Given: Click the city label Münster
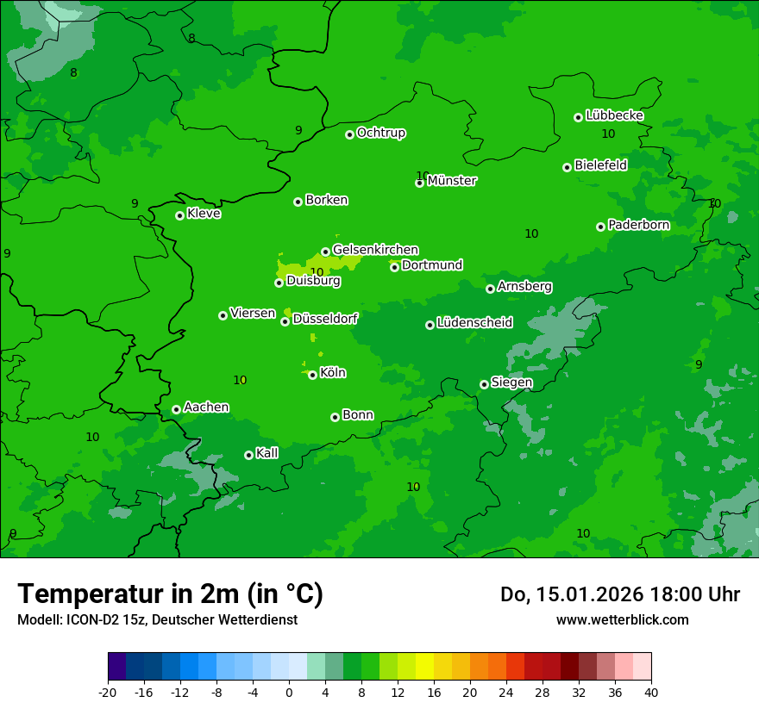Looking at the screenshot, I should pyautogui.click(x=452, y=181).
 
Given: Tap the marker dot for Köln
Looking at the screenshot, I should pyautogui.click(x=312, y=375).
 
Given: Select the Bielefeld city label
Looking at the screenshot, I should pyautogui.click(x=600, y=165).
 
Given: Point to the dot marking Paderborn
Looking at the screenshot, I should pyautogui.click(x=600, y=227).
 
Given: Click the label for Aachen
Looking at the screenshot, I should pyautogui.click(x=206, y=407).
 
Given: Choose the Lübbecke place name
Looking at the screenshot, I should pyautogui.click(x=614, y=115).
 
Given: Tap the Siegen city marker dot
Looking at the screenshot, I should pyautogui.click(x=484, y=384).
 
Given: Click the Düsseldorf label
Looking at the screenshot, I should pyautogui.click(x=325, y=319).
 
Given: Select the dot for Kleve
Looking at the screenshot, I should pyautogui.click(x=179, y=215).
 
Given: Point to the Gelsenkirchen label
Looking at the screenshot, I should pyautogui.click(x=375, y=250).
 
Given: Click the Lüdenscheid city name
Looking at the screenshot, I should pyautogui.click(x=474, y=323).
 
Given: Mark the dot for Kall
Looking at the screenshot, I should pyautogui.click(x=248, y=455).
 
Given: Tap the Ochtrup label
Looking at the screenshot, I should pyautogui.click(x=380, y=133).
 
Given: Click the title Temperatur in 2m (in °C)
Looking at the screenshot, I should pyautogui.click(x=170, y=594).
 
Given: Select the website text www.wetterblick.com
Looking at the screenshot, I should pyautogui.click(x=622, y=619).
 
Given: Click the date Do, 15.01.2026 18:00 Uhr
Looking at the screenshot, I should pyautogui.click(x=619, y=594).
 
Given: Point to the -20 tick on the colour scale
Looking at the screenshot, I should pyautogui.click(x=108, y=692).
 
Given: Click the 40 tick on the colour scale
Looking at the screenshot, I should pyautogui.click(x=651, y=692).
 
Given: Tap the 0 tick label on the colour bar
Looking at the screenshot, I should pyautogui.click(x=289, y=692).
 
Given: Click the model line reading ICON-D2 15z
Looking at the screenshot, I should pyautogui.click(x=157, y=619).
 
